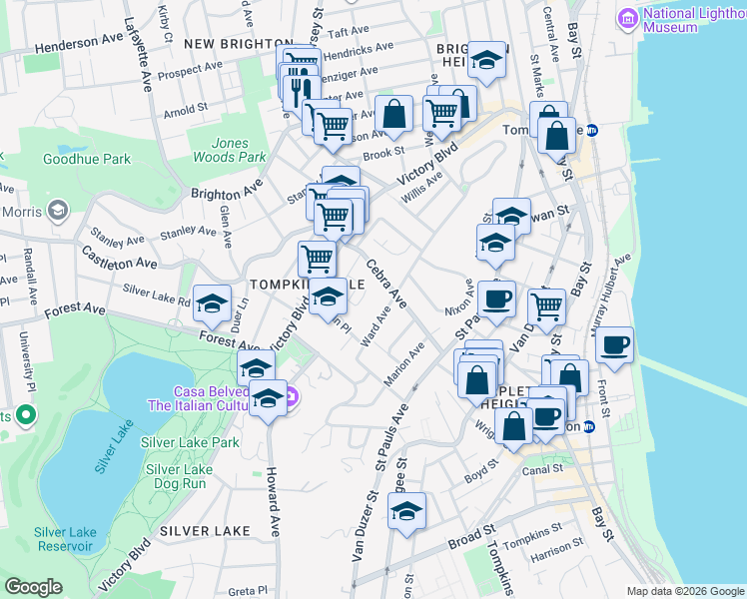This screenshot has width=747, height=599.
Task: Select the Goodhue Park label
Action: [x=87, y=159]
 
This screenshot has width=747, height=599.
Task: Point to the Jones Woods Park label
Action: [x=230, y=150]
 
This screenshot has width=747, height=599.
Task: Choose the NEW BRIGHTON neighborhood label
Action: [x=228, y=44]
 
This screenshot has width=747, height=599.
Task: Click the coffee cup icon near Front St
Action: [x=614, y=344]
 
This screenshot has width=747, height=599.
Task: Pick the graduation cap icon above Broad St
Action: [x=406, y=511]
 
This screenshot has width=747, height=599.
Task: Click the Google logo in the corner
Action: [x=33, y=587]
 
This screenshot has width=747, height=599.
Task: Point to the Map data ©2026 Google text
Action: [x=684, y=591]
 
